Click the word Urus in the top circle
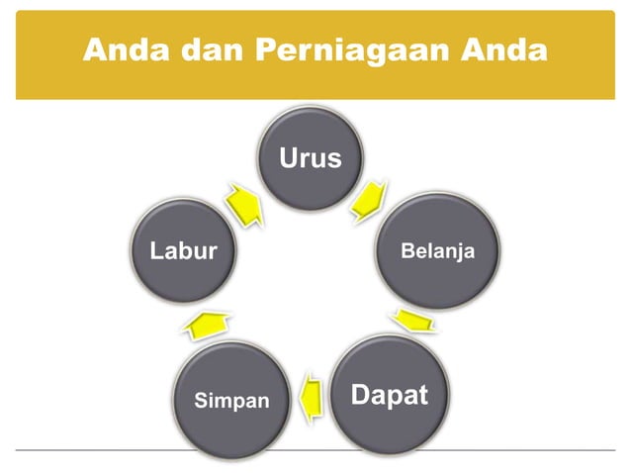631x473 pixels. click(310, 158)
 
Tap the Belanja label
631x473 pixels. click(437, 251)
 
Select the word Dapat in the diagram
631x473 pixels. click(390, 396)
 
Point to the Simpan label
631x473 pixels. click(231, 401)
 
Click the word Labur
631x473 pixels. click(183, 251)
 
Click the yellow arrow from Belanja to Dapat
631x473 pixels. click(412, 322)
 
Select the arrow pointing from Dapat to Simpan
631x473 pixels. click(312, 397)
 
